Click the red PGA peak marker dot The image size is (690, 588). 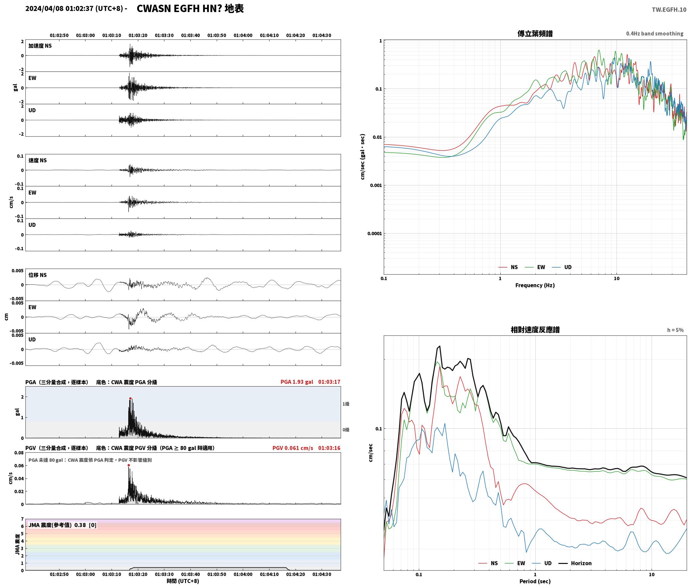pyautogui.click(x=130, y=398)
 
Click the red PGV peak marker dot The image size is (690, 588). pyautogui.click(x=129, y=465)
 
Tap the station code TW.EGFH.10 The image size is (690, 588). pyautogui.click(x=669, y=10)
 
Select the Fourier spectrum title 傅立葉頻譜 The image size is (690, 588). pyautogui.click(x=535, y=34)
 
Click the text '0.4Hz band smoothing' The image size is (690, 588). pyautogui.click(x=655, y=34)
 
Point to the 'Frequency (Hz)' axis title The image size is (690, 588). pyautogui.click(x=535, y=285)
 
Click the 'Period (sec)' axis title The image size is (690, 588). pyautogui.click(x=535, y=581)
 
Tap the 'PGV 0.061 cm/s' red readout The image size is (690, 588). pyautogui.click(x=293, y=448)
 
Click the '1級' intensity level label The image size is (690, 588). pyautogui.click(x=346, y=404)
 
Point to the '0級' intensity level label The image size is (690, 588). pyautogui.click(x=346, y=430)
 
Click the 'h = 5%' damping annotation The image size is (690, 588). pyautogui.click(x=675, y=330)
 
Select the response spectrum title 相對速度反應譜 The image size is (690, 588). pyautogui.click(x=535, y=330)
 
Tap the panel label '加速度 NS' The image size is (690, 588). pyautogui.click(x=40, y=46)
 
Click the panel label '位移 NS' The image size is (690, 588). pyautogui.click(x=37, y=275)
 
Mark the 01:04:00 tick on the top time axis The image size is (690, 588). pyautogui.click(x=243, y=35)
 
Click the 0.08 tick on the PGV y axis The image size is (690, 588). pyautogui.click(x=19, y=453)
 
